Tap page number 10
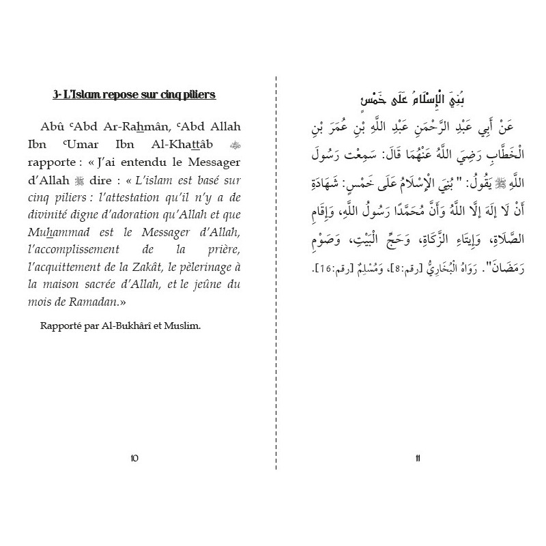click(x=134, y=457)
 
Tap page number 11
click(x=417, y=457)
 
